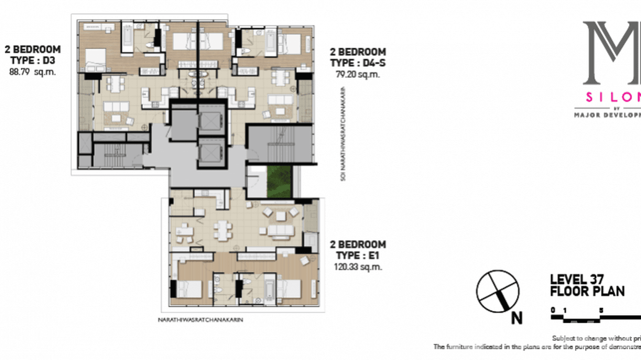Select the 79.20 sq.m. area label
point(358,74)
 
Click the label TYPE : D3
point(32,60)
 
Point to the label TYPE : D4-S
point(358,63)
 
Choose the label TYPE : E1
point(358,256)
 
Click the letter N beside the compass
point(516,318)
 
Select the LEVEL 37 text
point(577,279)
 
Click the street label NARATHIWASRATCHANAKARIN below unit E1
point(200,320)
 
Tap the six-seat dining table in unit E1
point(221,230)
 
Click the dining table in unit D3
point(113,85)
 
